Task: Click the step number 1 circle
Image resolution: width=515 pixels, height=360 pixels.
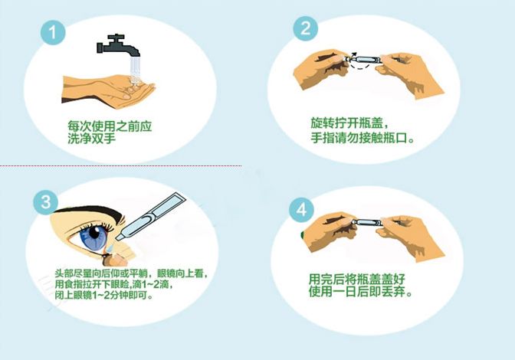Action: tap(53, 34)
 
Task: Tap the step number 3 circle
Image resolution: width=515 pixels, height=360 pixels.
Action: tap(46, 201)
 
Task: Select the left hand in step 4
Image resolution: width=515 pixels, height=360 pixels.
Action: tap(326, 231)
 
